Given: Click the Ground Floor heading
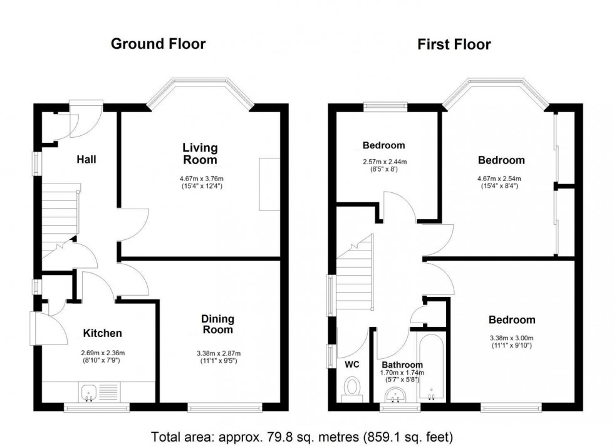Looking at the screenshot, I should pyautogui.click(x=158, y=44).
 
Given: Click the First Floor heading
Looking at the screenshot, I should pyautogui.click(x=454, y=44).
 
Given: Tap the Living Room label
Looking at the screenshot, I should pyautogui.click(x=200, y=153).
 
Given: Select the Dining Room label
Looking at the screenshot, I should pyautogui.click(x=217, y=324).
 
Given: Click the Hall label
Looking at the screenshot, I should pyautogui.click(x=86, y=160).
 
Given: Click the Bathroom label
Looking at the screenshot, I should pyautogui.click(x=402, y=365).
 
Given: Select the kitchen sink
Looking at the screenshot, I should pyautogui.click(x=88, y=393).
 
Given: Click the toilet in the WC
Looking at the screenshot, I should pyautogui.click(x=352, y=386).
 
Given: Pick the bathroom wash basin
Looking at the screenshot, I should pyautogui.click(x=395, y=394).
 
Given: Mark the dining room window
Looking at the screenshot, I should pyautogui.click(x=224, y=408).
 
